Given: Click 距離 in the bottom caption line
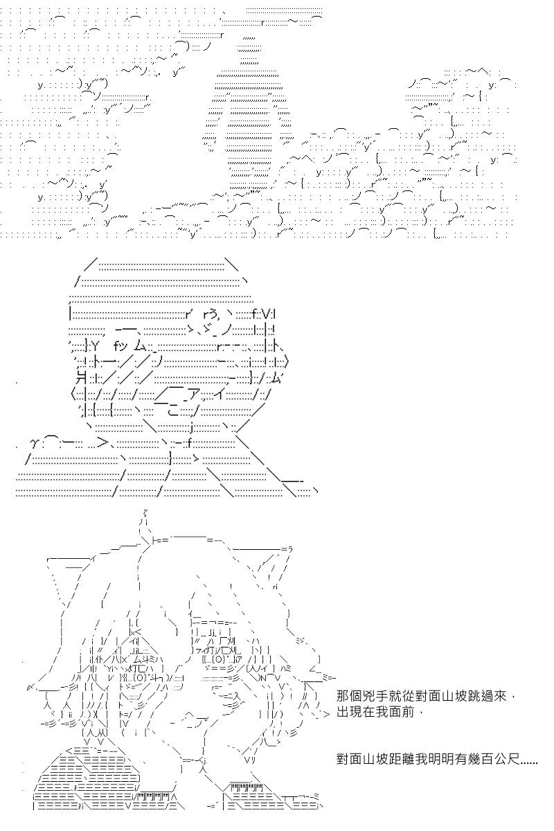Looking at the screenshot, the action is [x=402, y=759].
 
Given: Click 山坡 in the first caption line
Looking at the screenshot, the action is [x=442, y=695].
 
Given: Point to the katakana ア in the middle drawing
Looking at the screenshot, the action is [x=195, y=396].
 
